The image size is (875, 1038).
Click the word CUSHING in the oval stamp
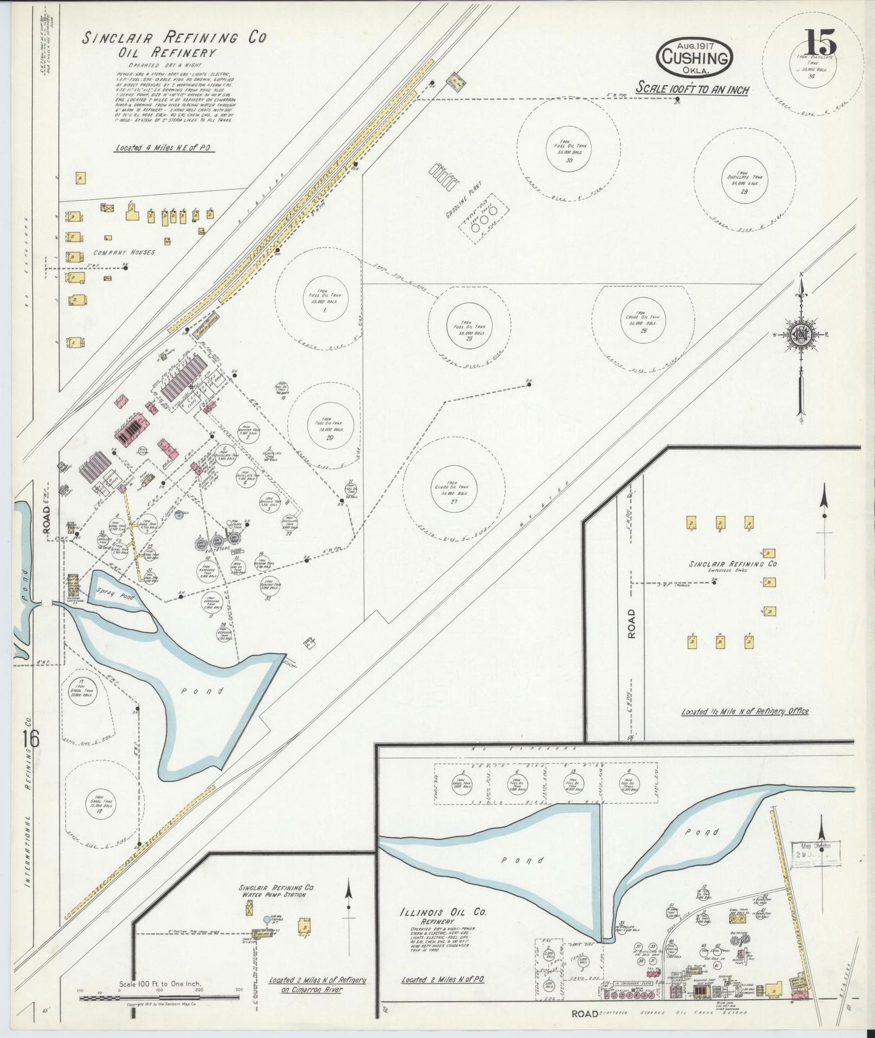pyautogui.click(x=694, y=59)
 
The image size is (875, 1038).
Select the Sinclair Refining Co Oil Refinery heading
pyautogui.click(x=174, y=44)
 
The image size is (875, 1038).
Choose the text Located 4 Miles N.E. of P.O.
pyautogui.click(x=164, y=147)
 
